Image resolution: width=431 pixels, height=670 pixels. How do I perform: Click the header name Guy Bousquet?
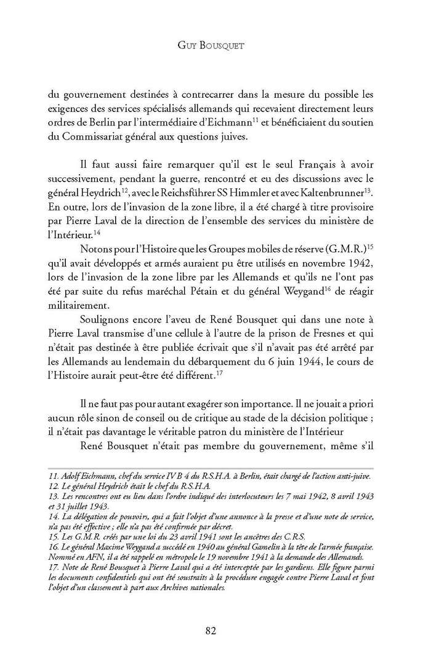click(215, 45)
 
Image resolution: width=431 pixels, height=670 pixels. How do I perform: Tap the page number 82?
click(215, 629)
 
